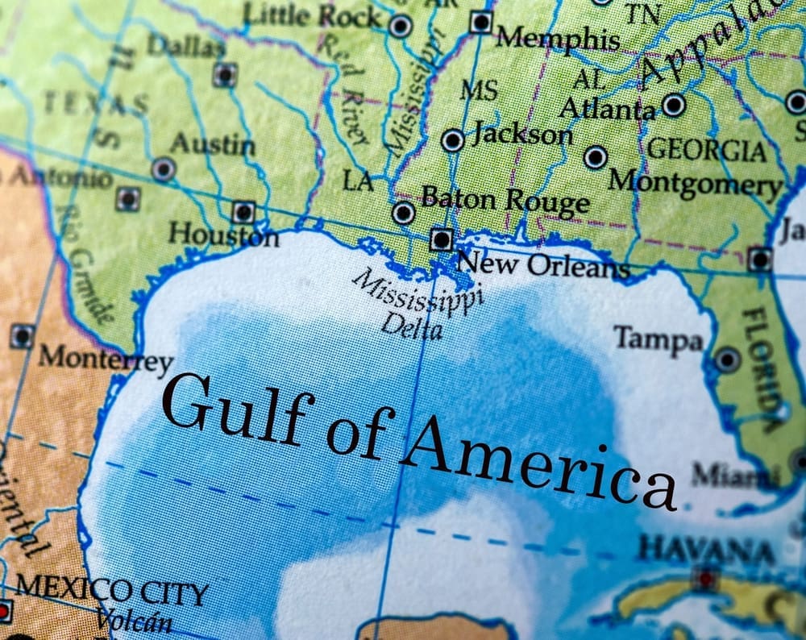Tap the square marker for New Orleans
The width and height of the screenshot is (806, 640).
pyautogui.click(x=441, y=239)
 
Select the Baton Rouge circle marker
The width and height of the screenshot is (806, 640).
pyautogui.click(x=403, y=213)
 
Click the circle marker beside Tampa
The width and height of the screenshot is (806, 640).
pyautogui.click(x=727, y=359)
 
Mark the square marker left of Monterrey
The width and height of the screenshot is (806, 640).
pyautogui.click(x=22, y=336)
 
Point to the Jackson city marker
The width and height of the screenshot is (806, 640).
pyautogui.click(x=453, y=140)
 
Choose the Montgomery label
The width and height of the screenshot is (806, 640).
pyautogui.click(x=695, y=183)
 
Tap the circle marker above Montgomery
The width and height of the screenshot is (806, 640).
pyautogui.click(x=596, y=157)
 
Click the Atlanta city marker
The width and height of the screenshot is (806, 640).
pyautogui.click(x=674, y=105)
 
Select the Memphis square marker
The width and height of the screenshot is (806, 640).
pyautogui.click(x=481, y=22)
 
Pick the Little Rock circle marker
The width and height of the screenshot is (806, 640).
pyautogui.click(x=401, y=26)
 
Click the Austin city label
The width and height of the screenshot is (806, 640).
pyautogui.click(x=212, y=144)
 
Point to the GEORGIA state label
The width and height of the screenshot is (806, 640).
pyautogui.click(x=707, y=150)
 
